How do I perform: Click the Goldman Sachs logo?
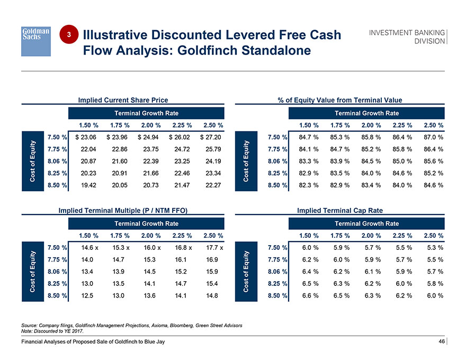tap(35, 40)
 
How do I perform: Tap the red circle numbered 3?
tap(69, 34)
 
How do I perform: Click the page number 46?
tap(441, 341)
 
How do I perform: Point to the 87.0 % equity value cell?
tap(432, 138)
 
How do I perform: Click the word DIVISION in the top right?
tap(428, 41)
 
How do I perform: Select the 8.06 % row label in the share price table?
tap(57, 161)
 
